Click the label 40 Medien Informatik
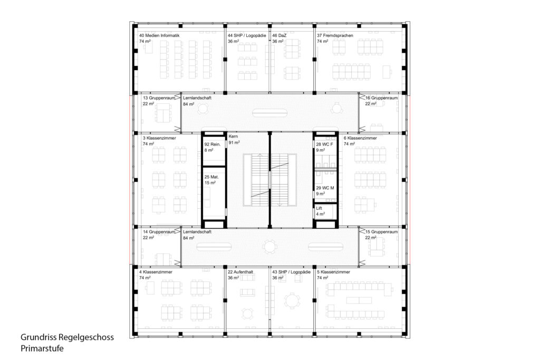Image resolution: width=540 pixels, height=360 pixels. coord(159,35)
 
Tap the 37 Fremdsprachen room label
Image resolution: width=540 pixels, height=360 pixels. coord(335,35)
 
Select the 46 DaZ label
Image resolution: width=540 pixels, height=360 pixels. coord(279,35)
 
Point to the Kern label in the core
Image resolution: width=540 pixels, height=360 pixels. coord(233,137)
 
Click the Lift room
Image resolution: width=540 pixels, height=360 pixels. coord(325,211)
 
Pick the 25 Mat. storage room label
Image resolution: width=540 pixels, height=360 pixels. coord(211,177)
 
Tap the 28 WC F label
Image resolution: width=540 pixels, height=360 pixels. coord(324,144)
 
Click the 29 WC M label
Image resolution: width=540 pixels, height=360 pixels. coord(325,188)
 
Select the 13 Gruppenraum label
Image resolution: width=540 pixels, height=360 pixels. coord(161,98)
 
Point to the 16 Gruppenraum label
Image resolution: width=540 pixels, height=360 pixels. coord(381,98)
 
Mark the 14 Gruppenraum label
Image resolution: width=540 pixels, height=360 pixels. coord(159,232)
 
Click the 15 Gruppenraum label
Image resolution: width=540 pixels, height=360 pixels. coord(381,232)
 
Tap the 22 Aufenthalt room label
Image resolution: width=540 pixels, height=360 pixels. coord(240,272)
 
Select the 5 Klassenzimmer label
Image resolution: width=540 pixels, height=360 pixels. coord(333,272)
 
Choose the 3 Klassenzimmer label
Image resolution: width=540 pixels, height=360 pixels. coord(159,138)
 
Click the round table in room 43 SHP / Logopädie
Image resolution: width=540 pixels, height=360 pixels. coord(292,301)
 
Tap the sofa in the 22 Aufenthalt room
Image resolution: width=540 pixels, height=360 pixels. coord(247,293)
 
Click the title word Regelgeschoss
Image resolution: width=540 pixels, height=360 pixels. coord(86,338)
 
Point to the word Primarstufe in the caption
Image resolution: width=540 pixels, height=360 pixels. coord(42,348)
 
